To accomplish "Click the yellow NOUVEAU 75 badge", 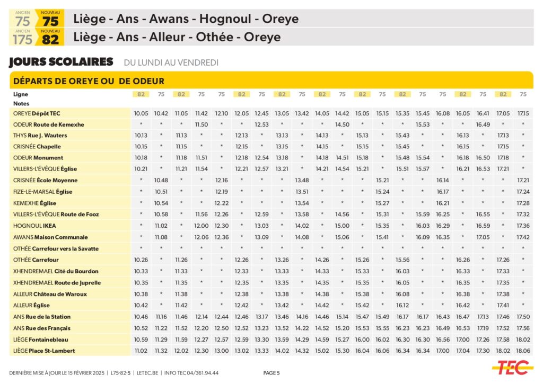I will (50, 19).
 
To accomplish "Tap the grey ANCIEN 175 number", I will (23, 39).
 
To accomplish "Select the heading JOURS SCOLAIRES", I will (61, 62).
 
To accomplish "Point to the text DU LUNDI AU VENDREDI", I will (171, 62).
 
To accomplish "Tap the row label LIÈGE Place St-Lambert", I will (44, 351).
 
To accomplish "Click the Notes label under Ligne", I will (21, 104).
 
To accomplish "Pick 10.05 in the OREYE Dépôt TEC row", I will (141, 113).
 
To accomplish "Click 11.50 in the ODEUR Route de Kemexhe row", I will (202, 124).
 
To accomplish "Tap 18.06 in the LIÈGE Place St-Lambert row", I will (523, 351).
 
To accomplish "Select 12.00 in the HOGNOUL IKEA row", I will (202, 226).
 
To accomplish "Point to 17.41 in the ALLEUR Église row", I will (503, 305).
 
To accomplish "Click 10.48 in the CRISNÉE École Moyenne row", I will (161, 180).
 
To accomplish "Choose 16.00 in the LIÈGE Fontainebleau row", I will (362, 340).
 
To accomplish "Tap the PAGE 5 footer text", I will (271, 373).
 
